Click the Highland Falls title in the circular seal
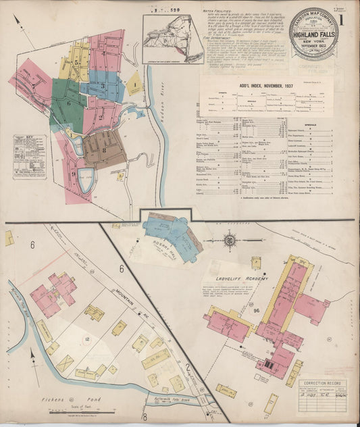tap(313, 30)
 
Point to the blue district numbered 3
tap(103, 86)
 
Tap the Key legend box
tap(29, 156)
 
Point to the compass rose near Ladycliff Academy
tap(230, 240)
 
